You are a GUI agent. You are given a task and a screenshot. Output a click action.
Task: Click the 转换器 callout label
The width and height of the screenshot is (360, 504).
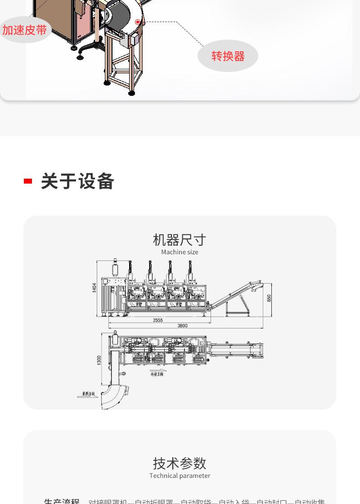(x=228, y=56)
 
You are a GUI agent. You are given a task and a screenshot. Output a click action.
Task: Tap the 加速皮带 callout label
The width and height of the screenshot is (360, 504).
(x=24, y=30)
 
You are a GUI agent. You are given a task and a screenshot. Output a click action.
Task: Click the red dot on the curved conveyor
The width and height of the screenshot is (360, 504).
(x=138, y=22)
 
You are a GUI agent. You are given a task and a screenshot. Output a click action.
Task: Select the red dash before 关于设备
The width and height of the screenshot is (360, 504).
(x=28, y=181)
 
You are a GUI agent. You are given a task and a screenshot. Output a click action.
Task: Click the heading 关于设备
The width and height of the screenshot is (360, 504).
(x=77, y=181)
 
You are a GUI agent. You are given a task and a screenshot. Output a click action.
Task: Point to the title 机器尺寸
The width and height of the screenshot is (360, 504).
(x=180, y=239)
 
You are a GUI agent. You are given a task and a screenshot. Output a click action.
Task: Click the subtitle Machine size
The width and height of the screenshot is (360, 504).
(x=180, y=252)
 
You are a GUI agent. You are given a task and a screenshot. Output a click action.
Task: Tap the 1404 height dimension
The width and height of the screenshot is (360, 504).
(x=94, y=288)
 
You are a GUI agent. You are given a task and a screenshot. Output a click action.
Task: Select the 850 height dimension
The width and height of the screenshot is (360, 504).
(x=269, y=298)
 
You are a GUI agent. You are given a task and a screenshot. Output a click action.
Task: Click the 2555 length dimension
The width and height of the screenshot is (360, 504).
(x=157, y=320)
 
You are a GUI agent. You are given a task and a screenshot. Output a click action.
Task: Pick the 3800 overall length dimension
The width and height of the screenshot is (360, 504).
(x=182, y=326)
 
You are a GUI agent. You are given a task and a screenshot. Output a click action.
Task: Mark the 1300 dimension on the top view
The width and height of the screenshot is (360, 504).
(x=99, y=360)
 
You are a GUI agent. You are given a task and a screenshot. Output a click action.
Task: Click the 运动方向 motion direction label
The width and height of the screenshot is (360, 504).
(x=157, y=373)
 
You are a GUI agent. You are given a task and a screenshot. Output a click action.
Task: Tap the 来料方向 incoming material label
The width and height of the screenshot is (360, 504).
(x=89, y=394)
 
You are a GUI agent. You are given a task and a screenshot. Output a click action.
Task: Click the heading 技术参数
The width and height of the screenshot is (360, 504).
(x=180, y=463)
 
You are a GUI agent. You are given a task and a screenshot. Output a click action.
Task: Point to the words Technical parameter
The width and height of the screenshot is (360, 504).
(x=180, y=476)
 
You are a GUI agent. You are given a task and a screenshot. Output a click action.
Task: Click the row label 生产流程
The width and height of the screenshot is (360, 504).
(x=62, y=501)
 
